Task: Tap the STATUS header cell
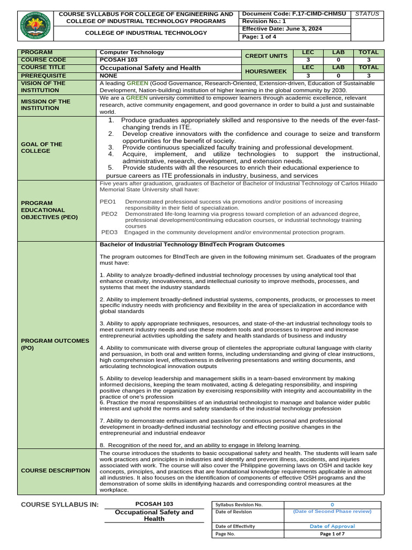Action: (367, 13)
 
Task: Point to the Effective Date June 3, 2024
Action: (282, 29)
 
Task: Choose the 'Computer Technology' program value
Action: (132, 53)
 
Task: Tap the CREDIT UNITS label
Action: (267, 56)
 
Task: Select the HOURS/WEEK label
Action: (267, 71)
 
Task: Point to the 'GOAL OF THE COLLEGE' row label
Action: (41, 148)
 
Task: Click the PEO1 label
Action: (108, 201)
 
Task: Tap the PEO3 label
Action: (109, 232)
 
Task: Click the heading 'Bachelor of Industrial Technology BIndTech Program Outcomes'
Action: (192, 244)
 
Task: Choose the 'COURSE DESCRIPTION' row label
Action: (55, 471)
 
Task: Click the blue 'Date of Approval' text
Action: (332, 526)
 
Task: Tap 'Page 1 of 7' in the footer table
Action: (332, 534)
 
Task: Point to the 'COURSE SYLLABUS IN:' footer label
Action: (60, 504)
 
